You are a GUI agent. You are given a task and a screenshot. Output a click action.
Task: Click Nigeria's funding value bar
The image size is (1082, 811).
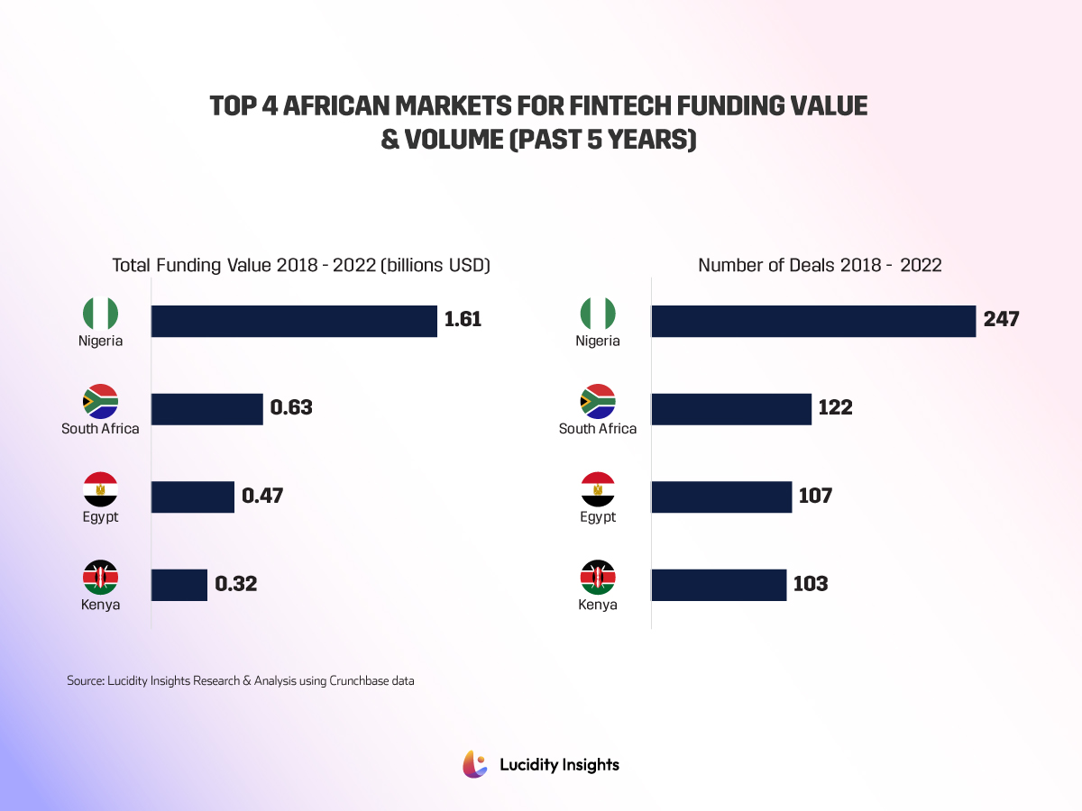click(x=294, y=321)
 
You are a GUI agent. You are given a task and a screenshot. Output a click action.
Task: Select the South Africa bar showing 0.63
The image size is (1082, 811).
click(x=206, y=408)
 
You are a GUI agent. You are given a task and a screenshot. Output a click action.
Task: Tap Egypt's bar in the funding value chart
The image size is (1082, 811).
click(x=192, y=497)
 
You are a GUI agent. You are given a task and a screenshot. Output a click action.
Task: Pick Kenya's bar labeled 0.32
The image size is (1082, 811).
click(x=179, y=585)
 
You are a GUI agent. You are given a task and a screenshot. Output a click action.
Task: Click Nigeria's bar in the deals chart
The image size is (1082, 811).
click(x=813, y=321)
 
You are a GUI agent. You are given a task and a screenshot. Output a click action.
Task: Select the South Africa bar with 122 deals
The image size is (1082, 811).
click(x=731, y=408)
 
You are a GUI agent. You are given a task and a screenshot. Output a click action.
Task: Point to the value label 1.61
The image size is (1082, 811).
click(x=464, y=320)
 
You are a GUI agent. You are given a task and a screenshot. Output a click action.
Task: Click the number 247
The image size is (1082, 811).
click(x=1002, y=320)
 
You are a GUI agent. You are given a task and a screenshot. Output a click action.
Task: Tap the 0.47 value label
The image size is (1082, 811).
click(x=262, y=497)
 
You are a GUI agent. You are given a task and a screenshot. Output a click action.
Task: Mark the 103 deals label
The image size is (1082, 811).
click(x=811, y=585)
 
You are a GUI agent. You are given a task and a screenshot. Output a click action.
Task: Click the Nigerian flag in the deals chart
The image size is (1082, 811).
click(x=598, y=313)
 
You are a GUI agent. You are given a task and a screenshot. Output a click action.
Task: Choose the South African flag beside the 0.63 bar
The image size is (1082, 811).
click(x=100, y=401)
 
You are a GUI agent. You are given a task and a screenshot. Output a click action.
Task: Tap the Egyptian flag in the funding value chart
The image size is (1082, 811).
click(x=100, y=489)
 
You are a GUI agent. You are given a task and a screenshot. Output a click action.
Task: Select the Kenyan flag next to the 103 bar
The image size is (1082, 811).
click(x=598, y=577)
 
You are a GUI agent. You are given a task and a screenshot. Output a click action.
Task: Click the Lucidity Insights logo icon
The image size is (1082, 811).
click(x=475, y=764)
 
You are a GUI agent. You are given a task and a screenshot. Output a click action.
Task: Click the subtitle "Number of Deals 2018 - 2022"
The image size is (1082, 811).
click(x=820, y=265)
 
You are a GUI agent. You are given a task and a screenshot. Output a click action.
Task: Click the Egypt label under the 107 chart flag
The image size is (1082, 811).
click(x=598, y=517)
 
